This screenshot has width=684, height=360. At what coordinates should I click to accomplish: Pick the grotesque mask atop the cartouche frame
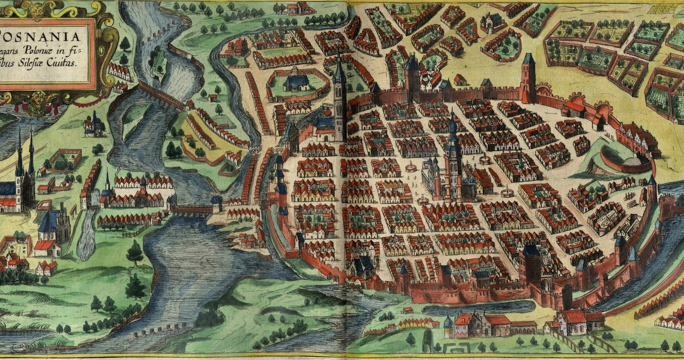click(36, 8)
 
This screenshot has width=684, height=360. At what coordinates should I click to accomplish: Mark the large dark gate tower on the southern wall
click(532, 264)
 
